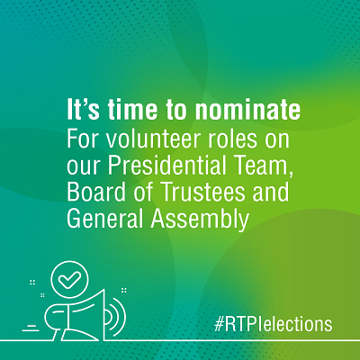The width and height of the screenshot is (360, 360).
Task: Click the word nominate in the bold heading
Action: (247, 110)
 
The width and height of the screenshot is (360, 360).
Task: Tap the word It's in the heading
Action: (83, 109)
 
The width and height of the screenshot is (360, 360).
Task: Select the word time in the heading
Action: (132, 109)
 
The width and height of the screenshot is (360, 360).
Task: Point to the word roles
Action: (233, 139)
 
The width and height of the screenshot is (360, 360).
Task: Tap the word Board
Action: (96, 192)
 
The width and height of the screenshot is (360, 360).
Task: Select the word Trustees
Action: (203, 192)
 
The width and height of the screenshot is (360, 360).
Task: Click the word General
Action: (104, 218)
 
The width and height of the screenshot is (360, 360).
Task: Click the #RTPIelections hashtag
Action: (274, 324)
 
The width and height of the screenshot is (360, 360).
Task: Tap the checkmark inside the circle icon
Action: (69, 279)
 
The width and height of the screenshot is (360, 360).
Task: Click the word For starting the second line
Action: (83, 139)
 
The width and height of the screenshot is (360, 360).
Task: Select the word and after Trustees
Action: (271, 192)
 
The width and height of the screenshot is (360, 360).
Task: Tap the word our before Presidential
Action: (84, 167)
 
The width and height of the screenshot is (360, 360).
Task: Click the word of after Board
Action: (144, 192)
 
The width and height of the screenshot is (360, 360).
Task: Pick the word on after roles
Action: (277, 141)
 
